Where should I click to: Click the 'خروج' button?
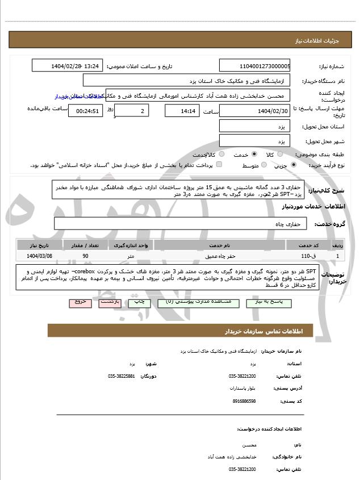(80, 302)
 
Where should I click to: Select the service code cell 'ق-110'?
(309, 256)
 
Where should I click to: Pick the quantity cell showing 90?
(85, 256)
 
